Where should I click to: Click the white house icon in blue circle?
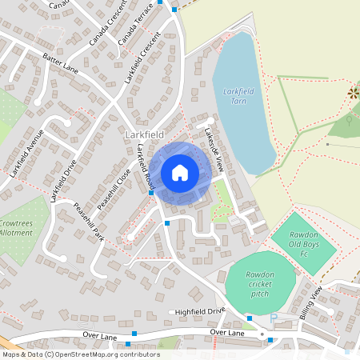(179, 173)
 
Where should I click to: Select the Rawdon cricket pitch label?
(250, 283)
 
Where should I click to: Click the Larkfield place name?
(144, 135)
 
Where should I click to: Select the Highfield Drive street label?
(197, 310)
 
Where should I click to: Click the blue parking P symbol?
(274, 318)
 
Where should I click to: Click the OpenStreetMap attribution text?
(80, 354)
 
